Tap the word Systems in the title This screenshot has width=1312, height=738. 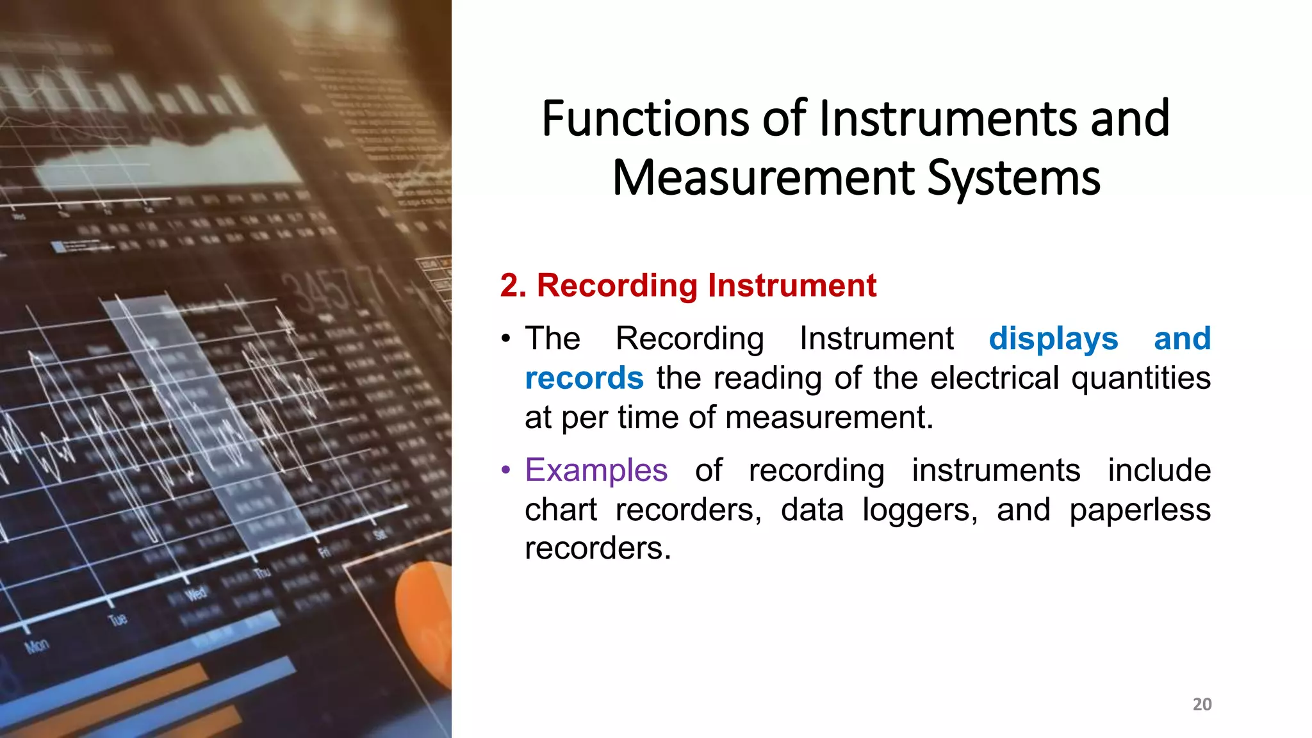[x=1013, y=178]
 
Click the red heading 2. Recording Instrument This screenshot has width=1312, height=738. [x=687, y=285]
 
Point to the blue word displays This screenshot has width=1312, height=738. [x=1053, y=338]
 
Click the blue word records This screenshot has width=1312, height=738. [x=584, y=378]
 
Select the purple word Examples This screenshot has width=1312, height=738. [x=596, y=470]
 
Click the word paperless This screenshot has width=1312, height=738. [x=1140, y=510]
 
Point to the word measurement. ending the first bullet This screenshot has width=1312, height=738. [x=830, y=418]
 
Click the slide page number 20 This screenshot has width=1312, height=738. [x=1202, y=704]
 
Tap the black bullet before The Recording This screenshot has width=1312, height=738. [x=506, y=339]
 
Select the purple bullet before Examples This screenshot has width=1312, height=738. [x=506, y=470]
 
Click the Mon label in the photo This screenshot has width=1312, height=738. [x=37, y=646]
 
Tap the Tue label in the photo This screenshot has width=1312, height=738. [x=118, y=619]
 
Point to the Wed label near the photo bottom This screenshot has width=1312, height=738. [x=196, y=593]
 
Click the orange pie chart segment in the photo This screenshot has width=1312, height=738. [x=424, y=615]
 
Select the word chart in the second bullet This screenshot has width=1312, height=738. [x=561, y=510]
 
